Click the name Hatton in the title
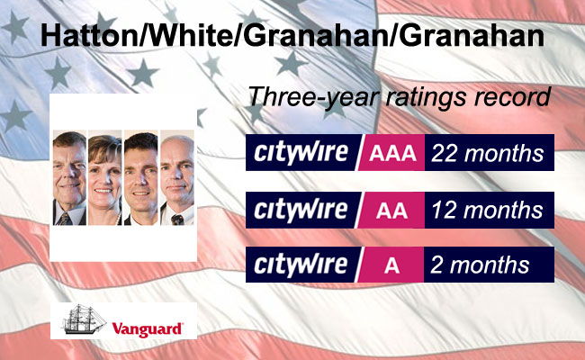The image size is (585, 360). click(88, 36)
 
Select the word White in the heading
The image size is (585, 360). click(188, 36)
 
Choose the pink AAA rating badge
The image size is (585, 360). click(391, 153)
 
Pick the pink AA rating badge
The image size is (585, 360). click(391, 210)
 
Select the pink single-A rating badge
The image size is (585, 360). click(391, 265)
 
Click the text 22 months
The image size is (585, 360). click(487, 153)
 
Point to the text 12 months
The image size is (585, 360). click(487, 211)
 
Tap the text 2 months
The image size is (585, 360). click(480, 265)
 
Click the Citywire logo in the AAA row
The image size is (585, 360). click(301, 153)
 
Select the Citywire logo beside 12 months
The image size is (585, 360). click(301, 211)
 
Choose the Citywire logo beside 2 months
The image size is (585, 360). click(301, 265)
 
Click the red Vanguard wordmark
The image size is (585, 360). click(147, 329)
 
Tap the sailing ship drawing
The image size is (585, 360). click(84, 319)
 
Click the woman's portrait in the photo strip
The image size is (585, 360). click(104, 177)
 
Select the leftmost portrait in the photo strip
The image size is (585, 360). click(69, 177)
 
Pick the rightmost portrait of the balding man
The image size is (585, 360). click(177, 177)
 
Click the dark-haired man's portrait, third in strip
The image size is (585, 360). click(141, 177)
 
